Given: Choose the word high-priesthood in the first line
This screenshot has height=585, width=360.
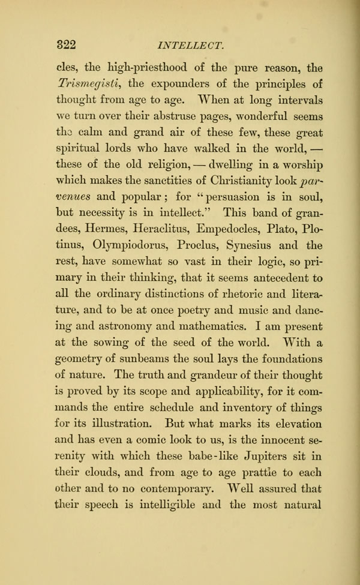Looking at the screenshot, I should tap(148, 66).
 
